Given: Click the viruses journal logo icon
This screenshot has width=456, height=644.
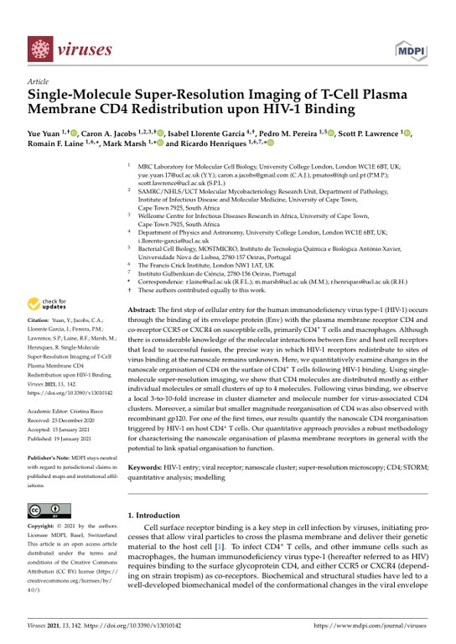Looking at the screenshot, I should (x=41, y=49).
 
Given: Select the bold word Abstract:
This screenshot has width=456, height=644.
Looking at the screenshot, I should (x=141, y=310).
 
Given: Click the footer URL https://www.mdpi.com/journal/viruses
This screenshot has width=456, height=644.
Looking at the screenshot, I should (x=365, y=626).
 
